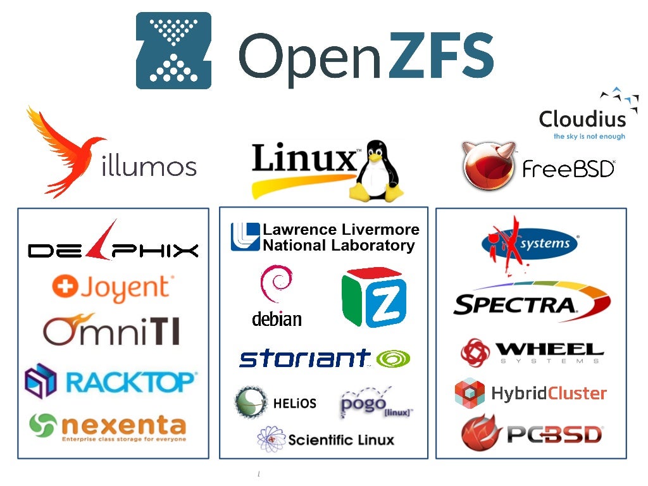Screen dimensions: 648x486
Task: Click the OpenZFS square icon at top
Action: (x=173, y=51)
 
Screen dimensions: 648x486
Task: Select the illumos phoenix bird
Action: (x=63, y=152)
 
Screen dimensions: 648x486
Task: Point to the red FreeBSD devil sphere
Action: (x=489, y=166)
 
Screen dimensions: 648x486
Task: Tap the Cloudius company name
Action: (x=582, y=119)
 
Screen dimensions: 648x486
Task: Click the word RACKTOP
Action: (x=131, y=382)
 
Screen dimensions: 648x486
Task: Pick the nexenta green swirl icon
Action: (x=43, y=425)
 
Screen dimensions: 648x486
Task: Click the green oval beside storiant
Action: (x=393, y=359)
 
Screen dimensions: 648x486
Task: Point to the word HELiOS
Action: (x=295, y=403)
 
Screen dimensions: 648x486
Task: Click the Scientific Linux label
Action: (x=340, y=440)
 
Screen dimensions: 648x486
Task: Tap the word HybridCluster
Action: (x=549, y=393)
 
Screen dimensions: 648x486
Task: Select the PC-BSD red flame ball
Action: (x=482, y=433)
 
